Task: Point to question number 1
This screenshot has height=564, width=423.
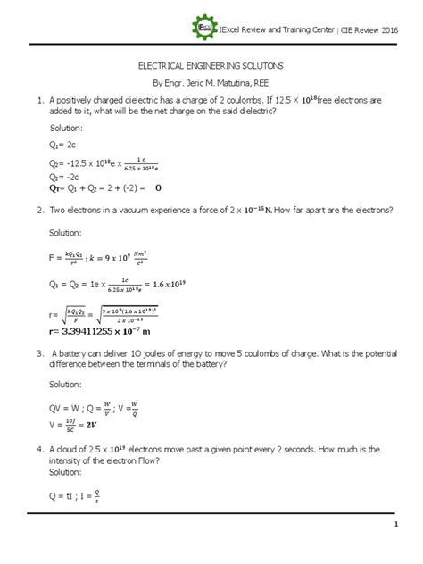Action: [34, 101]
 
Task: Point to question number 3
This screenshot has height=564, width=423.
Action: [34, 354]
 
